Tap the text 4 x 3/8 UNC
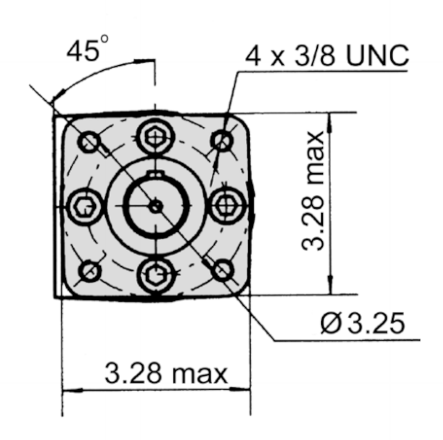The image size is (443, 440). [327, 56]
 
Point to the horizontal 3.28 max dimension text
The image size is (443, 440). [166, 375]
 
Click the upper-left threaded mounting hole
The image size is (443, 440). [89, 141]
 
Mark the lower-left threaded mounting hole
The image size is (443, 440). [89, 271]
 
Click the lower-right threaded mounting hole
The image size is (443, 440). [223, 270]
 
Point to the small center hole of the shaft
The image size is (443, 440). [156, 206]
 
